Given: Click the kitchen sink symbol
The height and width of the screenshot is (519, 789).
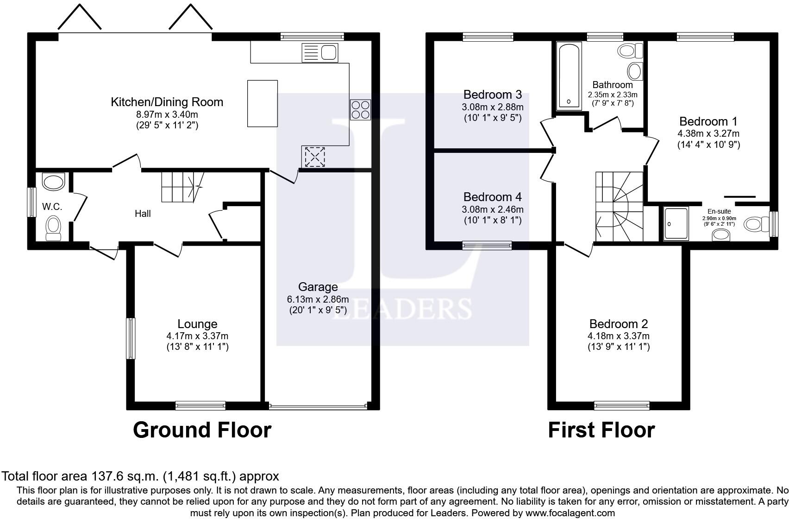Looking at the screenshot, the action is point(320,53).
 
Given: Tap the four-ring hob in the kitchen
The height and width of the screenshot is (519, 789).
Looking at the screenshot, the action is point(360,110).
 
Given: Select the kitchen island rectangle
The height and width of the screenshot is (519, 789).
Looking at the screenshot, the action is point(263,103).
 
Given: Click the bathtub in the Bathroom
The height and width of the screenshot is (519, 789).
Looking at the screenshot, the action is point(569,76).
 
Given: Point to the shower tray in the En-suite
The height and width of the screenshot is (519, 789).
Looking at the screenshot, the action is point(676,224).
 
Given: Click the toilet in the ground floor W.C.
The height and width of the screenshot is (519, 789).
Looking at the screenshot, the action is point(54,228).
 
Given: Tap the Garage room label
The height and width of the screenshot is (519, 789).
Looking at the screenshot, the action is point(318,287).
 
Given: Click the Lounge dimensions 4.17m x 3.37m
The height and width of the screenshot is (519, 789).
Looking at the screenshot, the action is point(197,336).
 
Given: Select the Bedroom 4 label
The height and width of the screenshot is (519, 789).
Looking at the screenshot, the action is point(492,197).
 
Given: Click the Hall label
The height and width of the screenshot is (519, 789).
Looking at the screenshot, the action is point(143,213).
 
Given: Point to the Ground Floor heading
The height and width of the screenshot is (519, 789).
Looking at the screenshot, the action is point(202,430).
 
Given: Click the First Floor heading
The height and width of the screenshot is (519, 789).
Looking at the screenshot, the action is point(601,430).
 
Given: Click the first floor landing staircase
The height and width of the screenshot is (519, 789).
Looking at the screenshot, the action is point(619,207).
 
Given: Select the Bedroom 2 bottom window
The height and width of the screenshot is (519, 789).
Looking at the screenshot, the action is point(622,405).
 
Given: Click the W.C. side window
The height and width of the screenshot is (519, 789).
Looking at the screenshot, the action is point(32,202).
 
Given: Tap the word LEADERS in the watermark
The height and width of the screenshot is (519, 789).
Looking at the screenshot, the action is point(402,309).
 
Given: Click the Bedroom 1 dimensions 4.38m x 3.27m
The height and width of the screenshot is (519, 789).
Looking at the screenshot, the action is point(708,133).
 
